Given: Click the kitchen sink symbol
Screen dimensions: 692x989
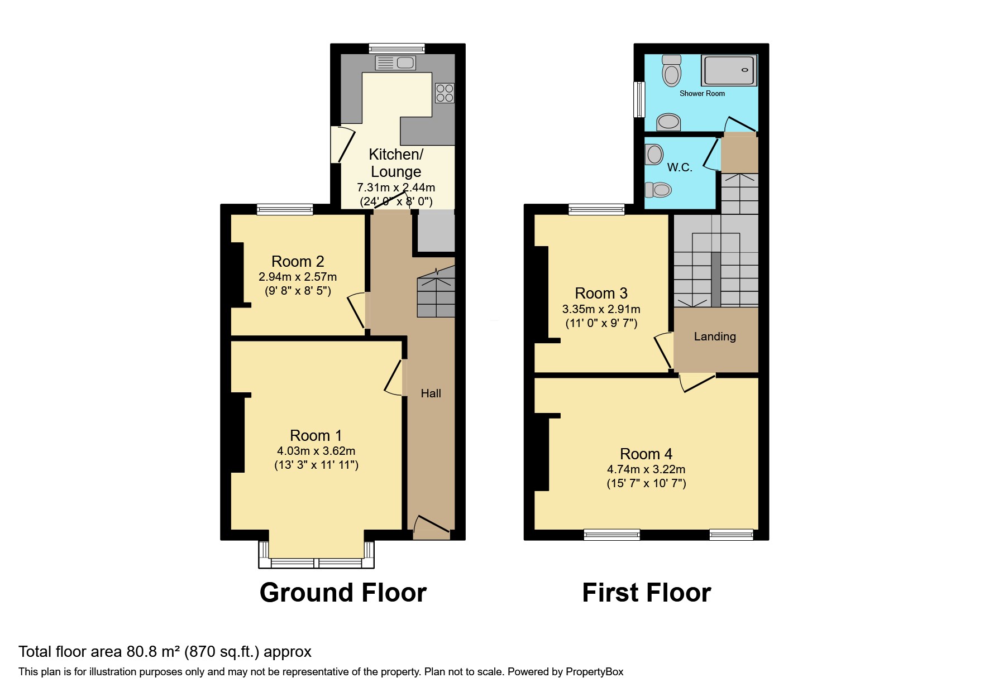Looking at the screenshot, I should [x=395, y=63].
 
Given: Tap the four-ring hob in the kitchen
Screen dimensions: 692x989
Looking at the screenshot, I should [x=445, y=93].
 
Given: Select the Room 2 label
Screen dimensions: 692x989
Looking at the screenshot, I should [x=298, y=261].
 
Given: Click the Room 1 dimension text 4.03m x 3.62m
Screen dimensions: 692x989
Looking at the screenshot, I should [x=316, y=451].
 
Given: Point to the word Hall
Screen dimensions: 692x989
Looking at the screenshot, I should [x=431, y=393].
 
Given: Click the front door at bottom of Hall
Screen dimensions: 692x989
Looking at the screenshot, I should [x=432, y=527].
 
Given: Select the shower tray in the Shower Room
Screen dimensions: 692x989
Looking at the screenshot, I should [x=729, y=71].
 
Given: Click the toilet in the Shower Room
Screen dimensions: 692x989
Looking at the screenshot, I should [x=671, y=69].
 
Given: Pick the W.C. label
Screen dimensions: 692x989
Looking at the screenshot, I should [x=680, y=167].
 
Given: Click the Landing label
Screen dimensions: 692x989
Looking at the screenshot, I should [x=715, y=337].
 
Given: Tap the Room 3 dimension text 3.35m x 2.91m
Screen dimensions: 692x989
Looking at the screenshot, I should [x=601, y=309].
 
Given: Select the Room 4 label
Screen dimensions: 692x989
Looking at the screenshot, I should [x=646, y=454].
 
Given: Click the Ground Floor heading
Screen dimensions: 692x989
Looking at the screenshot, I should [x=343, y=593].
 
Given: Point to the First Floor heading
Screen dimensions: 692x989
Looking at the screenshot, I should [x=646, y=593].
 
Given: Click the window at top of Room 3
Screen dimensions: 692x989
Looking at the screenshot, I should [x=596, y=209].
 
